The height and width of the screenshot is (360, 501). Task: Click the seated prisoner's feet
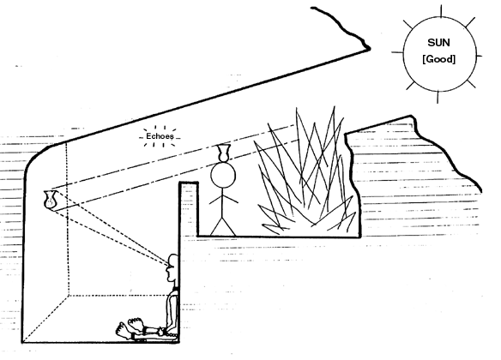coord(130,327)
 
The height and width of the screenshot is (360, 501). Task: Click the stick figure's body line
coord(224,204)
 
